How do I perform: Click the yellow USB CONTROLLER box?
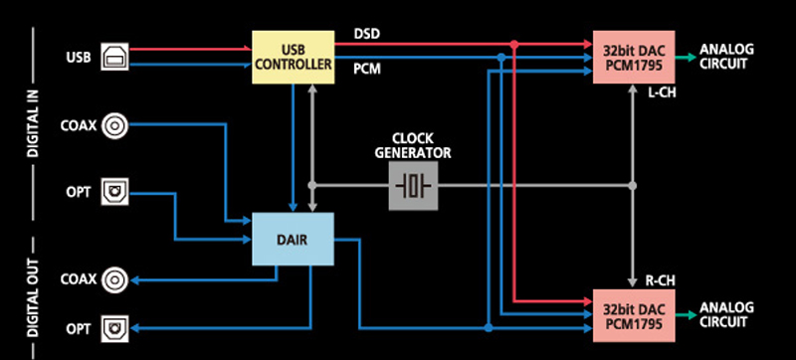(292, 57)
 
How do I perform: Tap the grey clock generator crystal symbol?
(413, 185)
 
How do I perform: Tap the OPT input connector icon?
(115, 191)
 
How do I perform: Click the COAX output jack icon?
(116, 278)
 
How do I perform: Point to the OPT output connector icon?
(115, 328)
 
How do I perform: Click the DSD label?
(367, 34)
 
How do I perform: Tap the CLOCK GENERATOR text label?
(413, 145)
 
